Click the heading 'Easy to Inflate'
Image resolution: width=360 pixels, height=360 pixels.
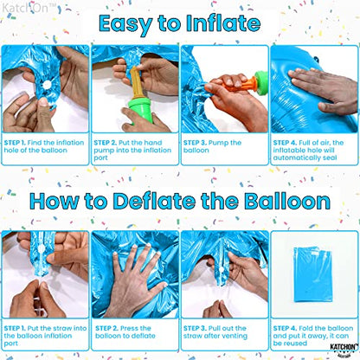180,23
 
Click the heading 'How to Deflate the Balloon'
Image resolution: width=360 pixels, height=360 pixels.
180,202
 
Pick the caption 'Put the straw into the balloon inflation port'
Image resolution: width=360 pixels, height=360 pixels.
45,332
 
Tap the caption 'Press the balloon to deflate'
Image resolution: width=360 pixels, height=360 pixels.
135,332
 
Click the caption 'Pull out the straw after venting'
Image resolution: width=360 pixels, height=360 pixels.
223,332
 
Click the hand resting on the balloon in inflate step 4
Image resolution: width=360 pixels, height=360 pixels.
325,87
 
